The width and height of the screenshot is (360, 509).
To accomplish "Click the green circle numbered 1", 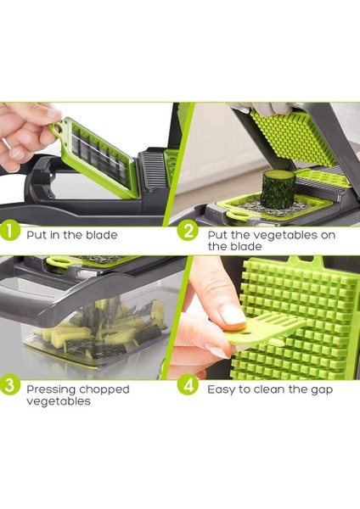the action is [x=8, y=231].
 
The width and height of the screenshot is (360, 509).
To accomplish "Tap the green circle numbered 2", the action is [x=188, y=231].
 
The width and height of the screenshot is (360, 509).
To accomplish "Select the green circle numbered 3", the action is [x=8, y=385].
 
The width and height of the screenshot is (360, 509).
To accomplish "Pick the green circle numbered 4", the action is [x=188, y=385].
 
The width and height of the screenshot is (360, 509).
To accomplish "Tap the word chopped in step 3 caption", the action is [x=104, y=389].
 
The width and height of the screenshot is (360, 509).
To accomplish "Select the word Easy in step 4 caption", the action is [x=222, y=389].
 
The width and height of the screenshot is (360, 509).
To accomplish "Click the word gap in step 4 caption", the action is [x=322, y=390].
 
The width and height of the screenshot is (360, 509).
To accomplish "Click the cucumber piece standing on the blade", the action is [x=278, y=189].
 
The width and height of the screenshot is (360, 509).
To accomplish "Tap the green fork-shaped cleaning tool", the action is [x=266, y=331].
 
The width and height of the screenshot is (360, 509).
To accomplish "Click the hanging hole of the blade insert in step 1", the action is [x=58, y=128].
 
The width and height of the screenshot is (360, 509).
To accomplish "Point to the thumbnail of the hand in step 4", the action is [x=233, y=316].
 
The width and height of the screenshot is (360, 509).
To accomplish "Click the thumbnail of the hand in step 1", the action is [x=52, y=113].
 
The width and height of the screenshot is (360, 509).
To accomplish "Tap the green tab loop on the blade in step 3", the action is [x=59, y=260].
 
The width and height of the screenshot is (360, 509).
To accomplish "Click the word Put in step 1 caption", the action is [x=37, y=235].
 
